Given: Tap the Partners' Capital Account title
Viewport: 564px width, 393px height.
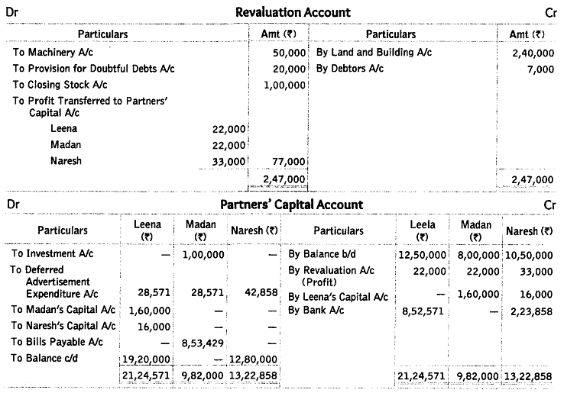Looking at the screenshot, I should (x=292, y=205).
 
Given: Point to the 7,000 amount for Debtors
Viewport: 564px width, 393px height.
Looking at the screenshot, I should (x=540, y=69).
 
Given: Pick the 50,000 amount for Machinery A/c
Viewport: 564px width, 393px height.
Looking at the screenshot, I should (x=289, y=53).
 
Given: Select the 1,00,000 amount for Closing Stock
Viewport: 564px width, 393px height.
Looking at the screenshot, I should (x=284, y=85).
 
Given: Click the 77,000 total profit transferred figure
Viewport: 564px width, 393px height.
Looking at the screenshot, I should (x=289, y=161).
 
